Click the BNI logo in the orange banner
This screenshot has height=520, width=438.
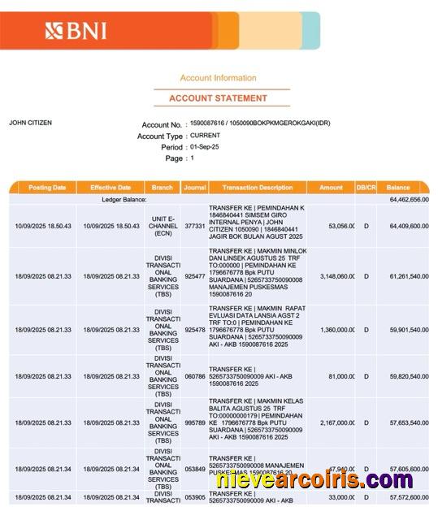click(76, 32)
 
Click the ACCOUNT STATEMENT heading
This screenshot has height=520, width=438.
click(218, 98)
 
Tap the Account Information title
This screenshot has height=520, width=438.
click(218, 78)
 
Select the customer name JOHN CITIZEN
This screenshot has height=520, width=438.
click(30, 123)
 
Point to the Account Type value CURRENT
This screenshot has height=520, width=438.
click(205, 136)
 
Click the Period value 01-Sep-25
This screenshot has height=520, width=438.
click(205, 147)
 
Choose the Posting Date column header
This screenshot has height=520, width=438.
click(47, 188)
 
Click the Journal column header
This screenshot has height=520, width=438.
click(194, 188)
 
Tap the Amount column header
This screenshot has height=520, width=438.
click(331, 188)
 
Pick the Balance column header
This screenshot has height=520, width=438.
click(398, 188)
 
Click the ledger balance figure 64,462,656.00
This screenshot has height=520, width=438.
click(409, 199)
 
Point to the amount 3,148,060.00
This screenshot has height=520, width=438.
click(332, 276)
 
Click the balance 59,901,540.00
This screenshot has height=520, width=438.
click(409, 330)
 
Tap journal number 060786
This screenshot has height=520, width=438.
click(195, 377)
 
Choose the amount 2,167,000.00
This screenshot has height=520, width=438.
click(334, 422)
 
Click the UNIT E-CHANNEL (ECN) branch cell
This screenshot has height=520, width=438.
click(163, 226)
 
